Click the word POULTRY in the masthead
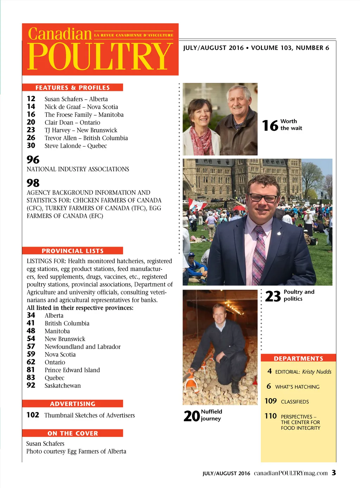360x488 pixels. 100,56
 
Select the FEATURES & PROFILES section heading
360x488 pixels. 72,88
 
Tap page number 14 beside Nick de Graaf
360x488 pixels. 31,107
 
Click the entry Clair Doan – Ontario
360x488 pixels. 72,122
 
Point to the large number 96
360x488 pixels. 33,160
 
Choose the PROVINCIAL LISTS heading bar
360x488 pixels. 72,251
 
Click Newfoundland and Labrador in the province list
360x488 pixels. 82,347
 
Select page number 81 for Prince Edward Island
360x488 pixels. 31,370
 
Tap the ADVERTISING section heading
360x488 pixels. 72,404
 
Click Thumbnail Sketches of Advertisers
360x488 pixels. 89,415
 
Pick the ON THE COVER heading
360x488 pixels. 72,433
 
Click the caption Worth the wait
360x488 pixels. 291,125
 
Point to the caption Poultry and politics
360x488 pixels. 298,296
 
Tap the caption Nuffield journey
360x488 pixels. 211,415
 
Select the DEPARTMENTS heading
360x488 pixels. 298,358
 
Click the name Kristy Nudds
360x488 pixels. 316,372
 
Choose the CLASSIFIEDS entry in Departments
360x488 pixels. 295,401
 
